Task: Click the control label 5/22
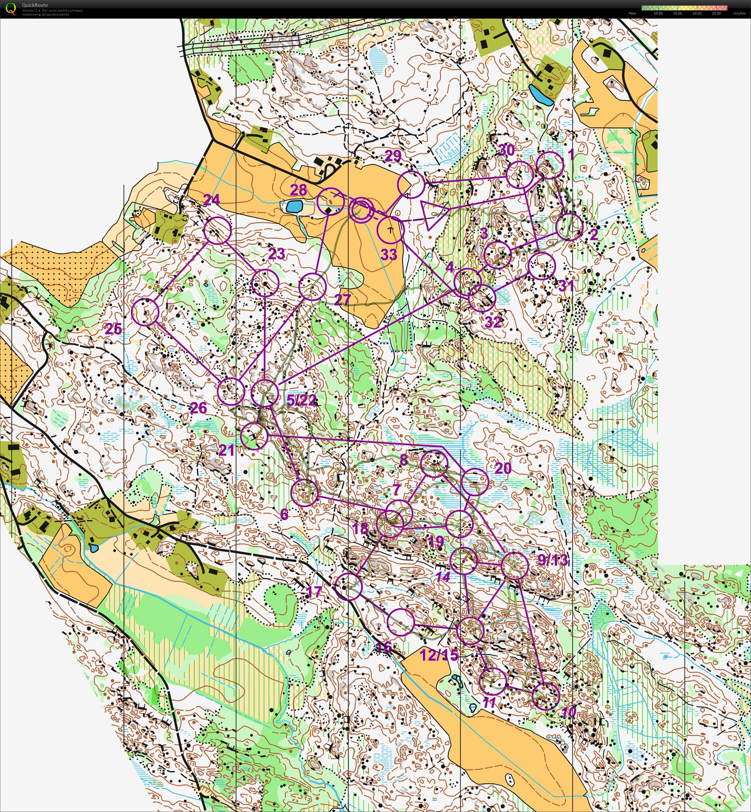[x=301, y=400]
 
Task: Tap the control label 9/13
[x=553, y=560]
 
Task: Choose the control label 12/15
[x=439, y=655]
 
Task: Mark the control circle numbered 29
[x=411, y=184]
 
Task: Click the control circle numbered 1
[x=550, y=165]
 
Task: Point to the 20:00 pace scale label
[x=697, y=13]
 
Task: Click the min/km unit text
[x=739, y=13]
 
